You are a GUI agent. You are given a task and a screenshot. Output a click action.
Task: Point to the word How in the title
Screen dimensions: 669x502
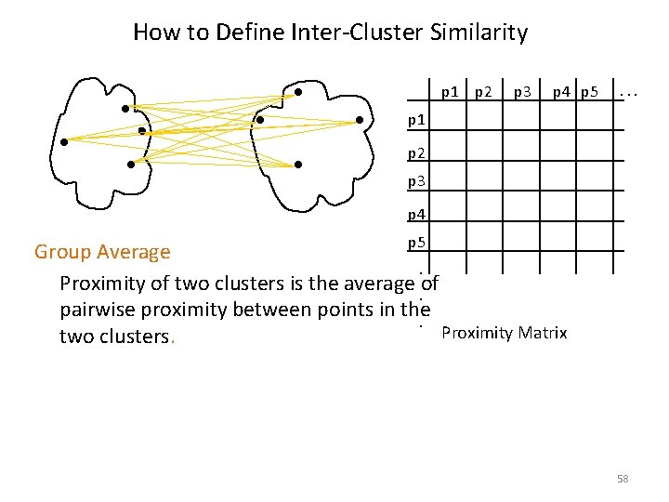click(153, 33)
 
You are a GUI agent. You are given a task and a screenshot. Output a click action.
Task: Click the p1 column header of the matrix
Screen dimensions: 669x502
click(450, 91)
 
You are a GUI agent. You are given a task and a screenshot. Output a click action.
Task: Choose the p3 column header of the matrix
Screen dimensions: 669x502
click(523, 91)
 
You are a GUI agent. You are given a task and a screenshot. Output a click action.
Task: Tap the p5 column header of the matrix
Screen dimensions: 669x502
click(592, 91)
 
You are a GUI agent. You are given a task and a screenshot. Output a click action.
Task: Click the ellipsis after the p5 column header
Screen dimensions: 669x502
click(629, 92)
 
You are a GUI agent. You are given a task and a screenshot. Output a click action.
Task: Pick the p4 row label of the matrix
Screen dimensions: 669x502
click(417, 215)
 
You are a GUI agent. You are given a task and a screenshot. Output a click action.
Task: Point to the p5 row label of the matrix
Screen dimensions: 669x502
click(417, 244)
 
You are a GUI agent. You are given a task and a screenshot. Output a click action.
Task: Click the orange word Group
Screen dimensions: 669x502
click(63, 252)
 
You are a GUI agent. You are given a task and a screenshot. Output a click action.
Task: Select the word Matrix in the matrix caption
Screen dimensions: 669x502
click(540, 333)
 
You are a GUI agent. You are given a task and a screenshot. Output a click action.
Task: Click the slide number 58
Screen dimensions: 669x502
click(623, 479)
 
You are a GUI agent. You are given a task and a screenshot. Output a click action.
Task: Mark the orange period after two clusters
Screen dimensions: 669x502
click(173, 340)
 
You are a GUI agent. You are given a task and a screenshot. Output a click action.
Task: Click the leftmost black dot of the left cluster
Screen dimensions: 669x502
click(64, 142)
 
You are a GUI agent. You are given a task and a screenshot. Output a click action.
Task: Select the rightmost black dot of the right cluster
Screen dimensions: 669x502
click(361, 119)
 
